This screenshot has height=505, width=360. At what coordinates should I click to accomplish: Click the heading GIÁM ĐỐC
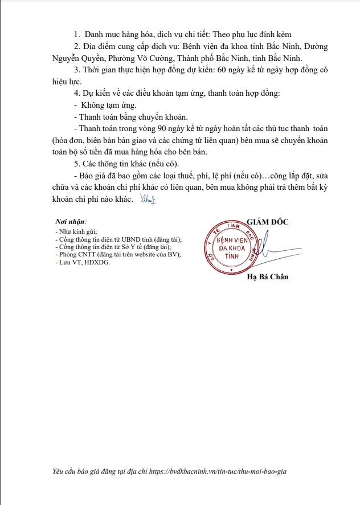(268, 221)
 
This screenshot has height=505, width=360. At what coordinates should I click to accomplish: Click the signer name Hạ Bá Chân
(268, 277)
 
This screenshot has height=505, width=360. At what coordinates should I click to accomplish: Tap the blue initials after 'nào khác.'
(148, 199)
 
